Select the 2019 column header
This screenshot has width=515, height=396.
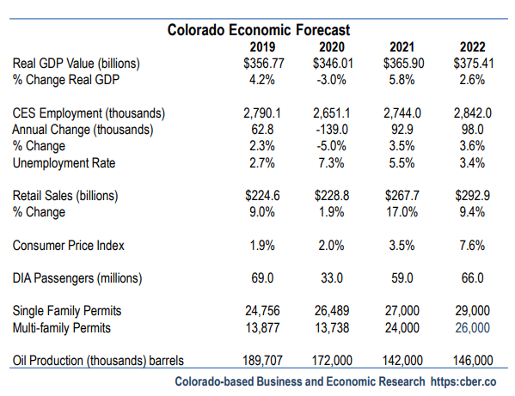[x=261, y=46]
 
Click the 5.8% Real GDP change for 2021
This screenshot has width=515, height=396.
[x=400, y=79]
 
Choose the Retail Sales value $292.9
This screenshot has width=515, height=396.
[x=472, y=196]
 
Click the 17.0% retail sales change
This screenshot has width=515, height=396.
[x=400, y=212]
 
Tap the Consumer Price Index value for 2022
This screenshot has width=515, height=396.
[x=472, y=245]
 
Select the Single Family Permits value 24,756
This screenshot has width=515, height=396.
[x=261, y=311]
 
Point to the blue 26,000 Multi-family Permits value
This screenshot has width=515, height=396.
[x=472, y=327]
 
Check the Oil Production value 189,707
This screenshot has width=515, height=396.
[x=261, y=361]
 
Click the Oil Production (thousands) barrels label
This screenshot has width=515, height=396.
[x=99, y=361]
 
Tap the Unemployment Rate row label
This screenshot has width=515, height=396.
[x=64, y=162]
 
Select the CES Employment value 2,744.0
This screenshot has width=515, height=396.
[x=400, y=113]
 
